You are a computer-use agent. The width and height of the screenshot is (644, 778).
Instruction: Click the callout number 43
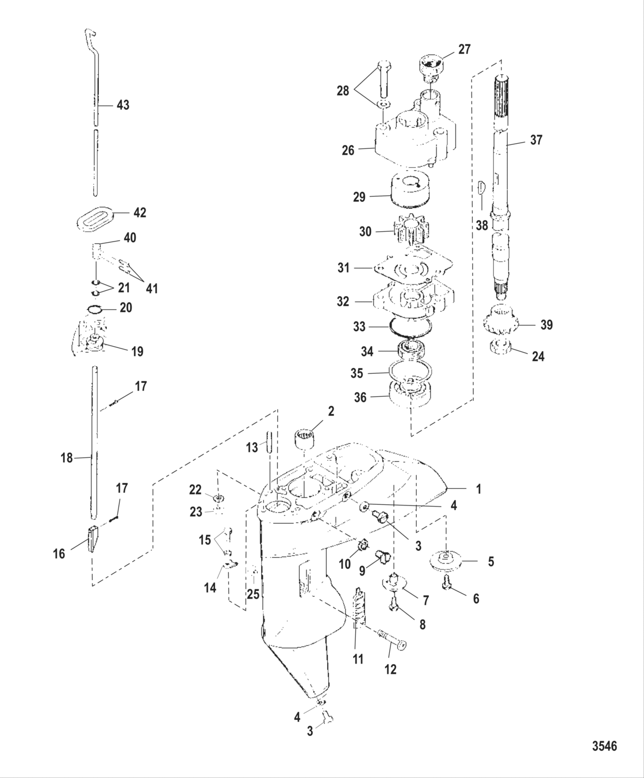122,105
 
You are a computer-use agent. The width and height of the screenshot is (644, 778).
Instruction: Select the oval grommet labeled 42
95,221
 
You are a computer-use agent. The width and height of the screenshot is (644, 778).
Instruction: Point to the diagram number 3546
604,746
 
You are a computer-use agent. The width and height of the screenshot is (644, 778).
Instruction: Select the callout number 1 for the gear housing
478,489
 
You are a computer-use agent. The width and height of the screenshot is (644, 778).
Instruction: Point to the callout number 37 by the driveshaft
536,140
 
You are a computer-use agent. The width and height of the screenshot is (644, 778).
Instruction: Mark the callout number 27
463,49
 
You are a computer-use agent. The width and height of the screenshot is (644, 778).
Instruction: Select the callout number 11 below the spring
358,659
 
